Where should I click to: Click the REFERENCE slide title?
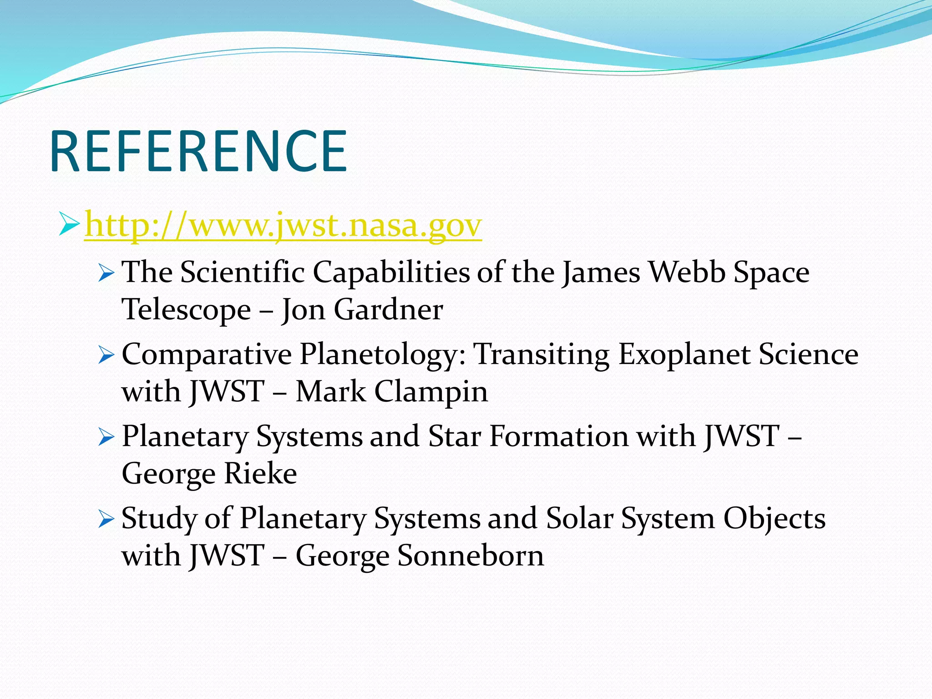pyautogui.click(x=199, y=152)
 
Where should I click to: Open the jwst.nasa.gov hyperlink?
pyautogui.click(x=283, y=225)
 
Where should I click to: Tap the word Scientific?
pyautogui.click(x=242, y=273)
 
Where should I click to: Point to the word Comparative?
pyautogui.click(x=207, y=355)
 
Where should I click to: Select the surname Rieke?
pyautogui.click(x=260, y=474)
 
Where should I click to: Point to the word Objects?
pyautogui.click(x=774, y=519)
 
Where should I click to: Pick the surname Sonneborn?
pyautogui.click(x=471, y=556)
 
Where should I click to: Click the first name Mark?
pyautogui.click(x=331, y=391)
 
